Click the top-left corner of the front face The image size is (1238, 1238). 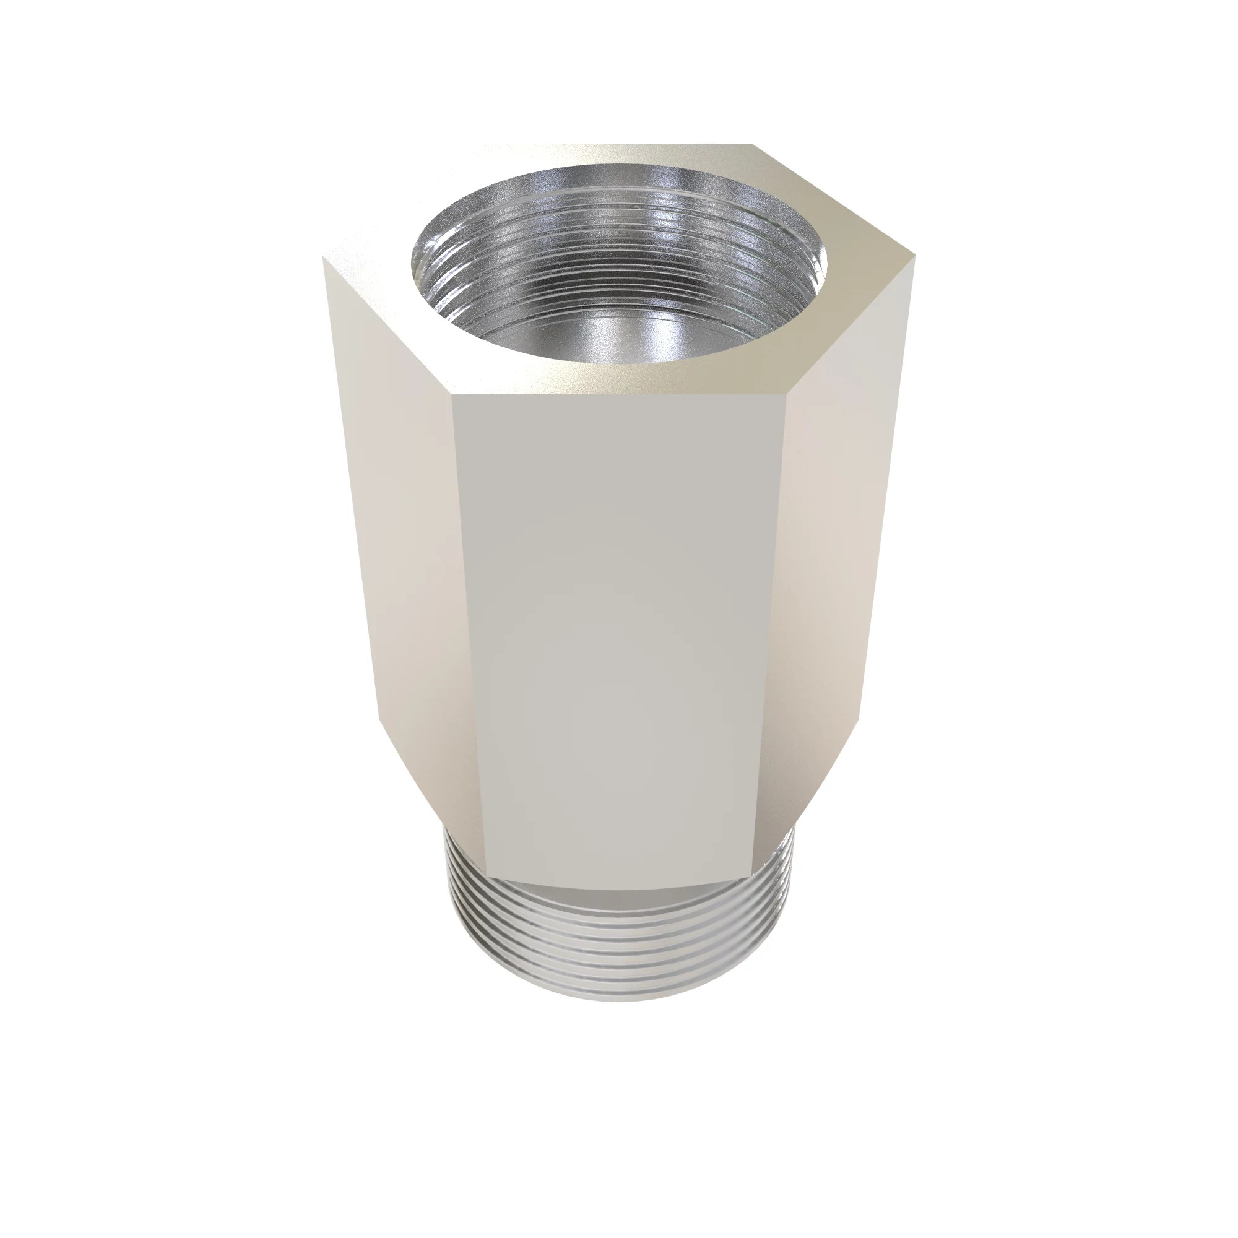[x=452, y=396]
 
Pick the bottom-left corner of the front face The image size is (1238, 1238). [x=486, y=877]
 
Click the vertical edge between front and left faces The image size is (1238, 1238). [x=468, y=634]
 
